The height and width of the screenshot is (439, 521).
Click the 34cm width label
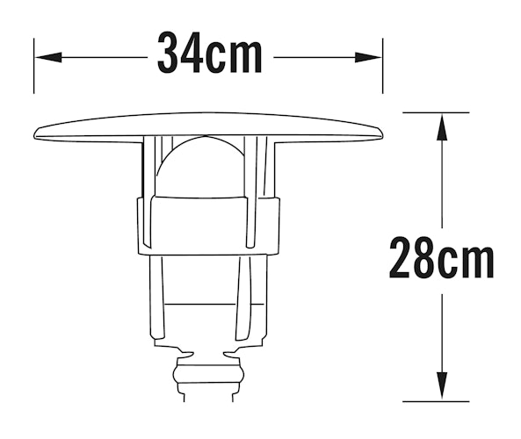point(210,55)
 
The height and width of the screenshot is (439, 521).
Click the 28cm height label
point(440,257)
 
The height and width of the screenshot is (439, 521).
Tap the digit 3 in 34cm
point(171,55)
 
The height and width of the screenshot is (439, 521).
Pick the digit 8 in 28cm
point(426,257)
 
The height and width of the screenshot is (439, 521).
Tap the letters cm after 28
point(468,259)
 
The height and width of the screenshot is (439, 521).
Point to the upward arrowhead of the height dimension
point(441,127)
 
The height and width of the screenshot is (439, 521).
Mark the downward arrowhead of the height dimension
point(441,387)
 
